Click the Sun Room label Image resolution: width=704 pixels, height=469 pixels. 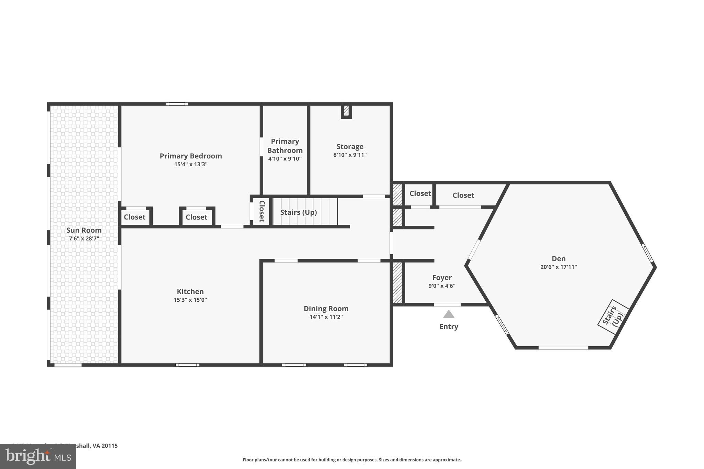click(x=84, y=230)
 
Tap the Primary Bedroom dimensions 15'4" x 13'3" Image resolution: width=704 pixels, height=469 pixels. click(x=191, y=164)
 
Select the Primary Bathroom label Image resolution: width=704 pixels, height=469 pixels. click(x=285, y=146)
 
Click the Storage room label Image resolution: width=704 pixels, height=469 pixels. click(x=350, y=146)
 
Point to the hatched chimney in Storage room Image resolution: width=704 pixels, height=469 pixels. click(x=346, y=111)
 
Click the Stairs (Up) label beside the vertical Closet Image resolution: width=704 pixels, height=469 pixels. click(x=298, y=212)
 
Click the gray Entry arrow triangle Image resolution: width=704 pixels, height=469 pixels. click(x=449, y=314)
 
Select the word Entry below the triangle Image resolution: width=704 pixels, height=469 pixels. click(x=449, y=326)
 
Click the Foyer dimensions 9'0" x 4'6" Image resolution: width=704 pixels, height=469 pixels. click(x=442, y=286)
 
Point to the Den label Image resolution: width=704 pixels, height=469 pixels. click(x=558, y=259)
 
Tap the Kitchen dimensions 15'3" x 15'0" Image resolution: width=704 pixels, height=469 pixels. click(x=190, y=300)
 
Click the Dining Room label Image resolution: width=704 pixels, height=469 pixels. click(x=326, y=309)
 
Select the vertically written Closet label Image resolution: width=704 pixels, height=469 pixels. click(x=262, y=211)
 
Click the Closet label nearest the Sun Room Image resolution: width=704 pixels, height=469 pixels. click(x=134, y=217)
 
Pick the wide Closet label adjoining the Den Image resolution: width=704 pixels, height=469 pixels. click(x=463, y=195)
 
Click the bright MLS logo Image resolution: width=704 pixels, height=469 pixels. click(x=38, y=456)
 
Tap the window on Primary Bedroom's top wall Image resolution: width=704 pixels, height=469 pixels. click(x=177, y=104)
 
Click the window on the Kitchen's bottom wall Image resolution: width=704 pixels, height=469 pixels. click(x=187, y=365)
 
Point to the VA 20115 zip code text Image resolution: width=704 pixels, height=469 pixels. click(x=105, y=446)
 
